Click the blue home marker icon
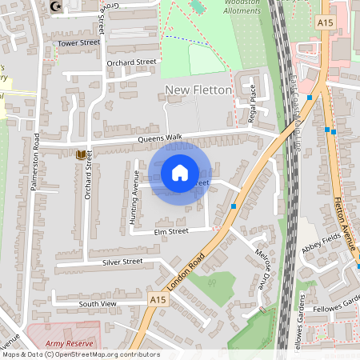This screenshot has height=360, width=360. [x=180, y=172]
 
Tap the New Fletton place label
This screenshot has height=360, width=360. [x=198, y=90]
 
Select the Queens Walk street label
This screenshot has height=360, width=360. [x=161, y=138]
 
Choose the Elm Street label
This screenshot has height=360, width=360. [x=171, y=230]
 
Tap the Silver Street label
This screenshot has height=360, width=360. [x=122, y=262]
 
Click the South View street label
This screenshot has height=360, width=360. [x=98, y=304]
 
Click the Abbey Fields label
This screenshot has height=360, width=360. [x=322, y=249]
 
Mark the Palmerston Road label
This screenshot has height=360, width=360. [x=35, y=171]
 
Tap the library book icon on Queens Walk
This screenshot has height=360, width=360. [x=80, y=154]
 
